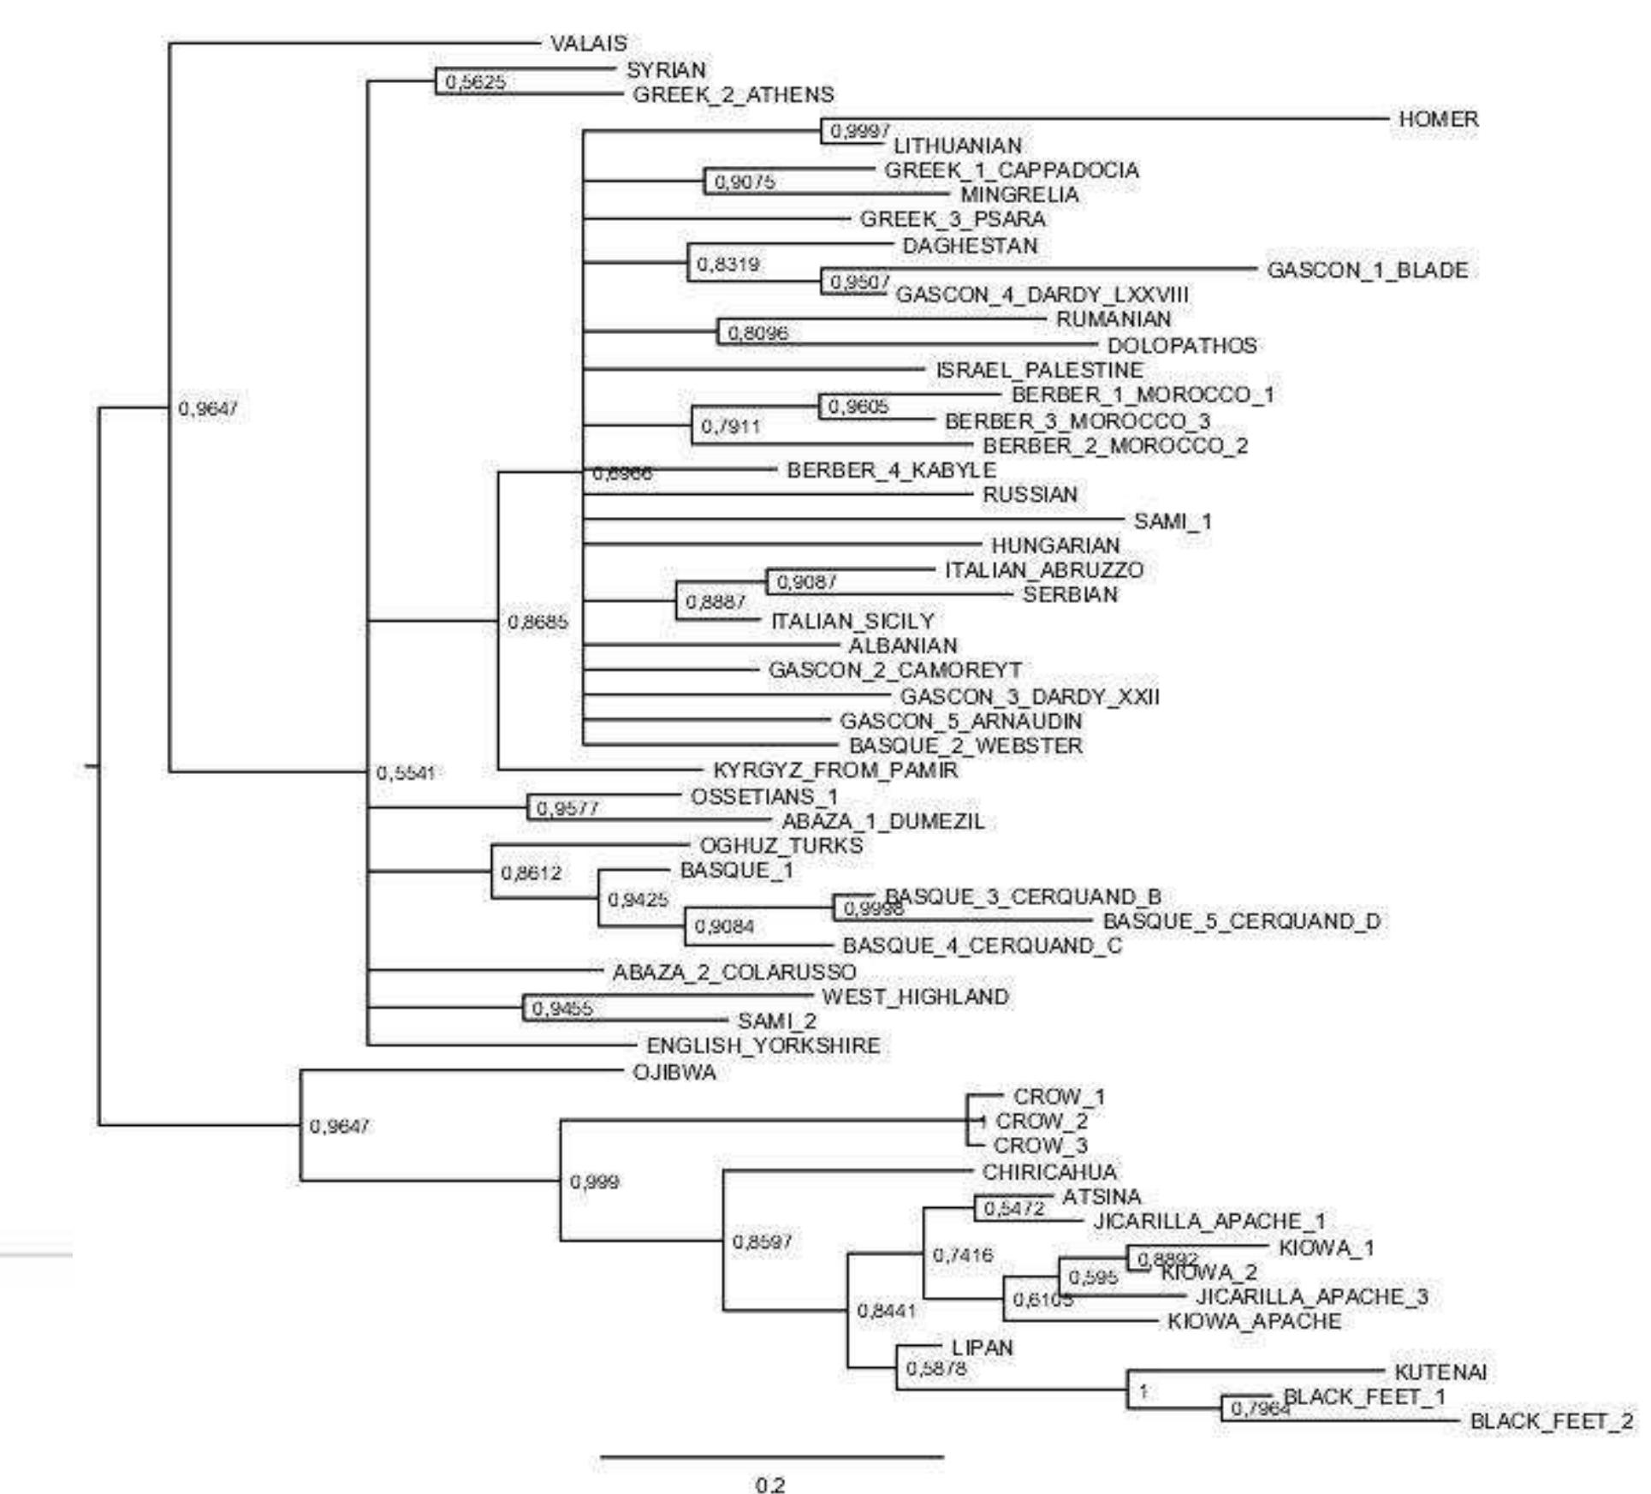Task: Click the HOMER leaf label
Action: (1438, 119)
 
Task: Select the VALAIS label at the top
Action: (589, 43)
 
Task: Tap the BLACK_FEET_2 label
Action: (1551, 1421)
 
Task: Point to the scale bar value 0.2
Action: (770, 1485)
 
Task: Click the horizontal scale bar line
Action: (772, 1456)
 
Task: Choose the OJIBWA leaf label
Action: (674, 1072)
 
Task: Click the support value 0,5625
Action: (476, 82)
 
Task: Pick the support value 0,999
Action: (595, 1182)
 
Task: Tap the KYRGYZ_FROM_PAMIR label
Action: (835, 770)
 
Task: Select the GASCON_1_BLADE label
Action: (1367, 270)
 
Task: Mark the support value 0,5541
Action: (407, 772)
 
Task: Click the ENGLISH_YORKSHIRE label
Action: (763, 1045)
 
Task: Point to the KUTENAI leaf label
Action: (1440, 1372)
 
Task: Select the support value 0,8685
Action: (537, 622)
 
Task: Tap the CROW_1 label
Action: (1059, 1096)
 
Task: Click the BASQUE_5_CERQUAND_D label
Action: (1241, 921)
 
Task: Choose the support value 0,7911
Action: (731, 426)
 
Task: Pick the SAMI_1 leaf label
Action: (1173, 521)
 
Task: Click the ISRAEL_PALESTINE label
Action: (1039, 370)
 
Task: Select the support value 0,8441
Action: (887, 1311)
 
